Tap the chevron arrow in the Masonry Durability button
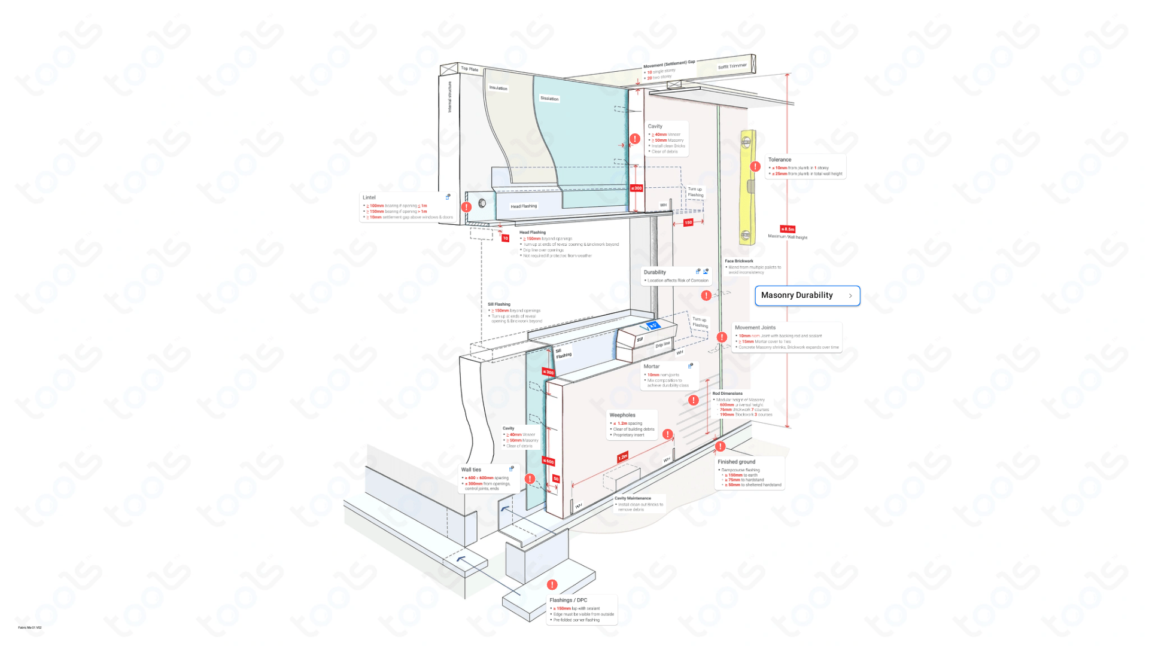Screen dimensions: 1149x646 click(x=850, y=295)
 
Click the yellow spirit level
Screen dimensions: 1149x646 click(x=747, y=187)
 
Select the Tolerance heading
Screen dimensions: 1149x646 click(x=779, y=160)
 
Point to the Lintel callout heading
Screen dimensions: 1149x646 click(x=369, y=197)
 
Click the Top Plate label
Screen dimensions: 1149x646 click(x=469, y=69)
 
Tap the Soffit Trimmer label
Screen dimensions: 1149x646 click(x=732, y=66)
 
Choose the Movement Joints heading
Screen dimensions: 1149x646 click(x=755, y=328)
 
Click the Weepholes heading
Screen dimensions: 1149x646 click(x=622, y=415)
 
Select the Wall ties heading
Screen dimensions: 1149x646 click(x=471, y=470)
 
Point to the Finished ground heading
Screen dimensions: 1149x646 click(x=736, y=462)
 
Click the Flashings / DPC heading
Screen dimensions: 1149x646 click(x=568, y=600)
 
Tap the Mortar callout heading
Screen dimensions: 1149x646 click(x=651, y=367)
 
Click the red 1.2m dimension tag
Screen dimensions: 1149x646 click(x=622, y=457)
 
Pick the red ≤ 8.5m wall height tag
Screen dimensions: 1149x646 click(x=788, y=229)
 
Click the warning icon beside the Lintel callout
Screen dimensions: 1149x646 click(x=466, y=207)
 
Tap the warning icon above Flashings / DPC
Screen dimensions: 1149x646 click(x=552, y=584)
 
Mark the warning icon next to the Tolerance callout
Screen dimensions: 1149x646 click(x=755, y=166)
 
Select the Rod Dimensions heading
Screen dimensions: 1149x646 click(x=727, y=394)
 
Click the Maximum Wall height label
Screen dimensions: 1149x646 click(x=788, y=237)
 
